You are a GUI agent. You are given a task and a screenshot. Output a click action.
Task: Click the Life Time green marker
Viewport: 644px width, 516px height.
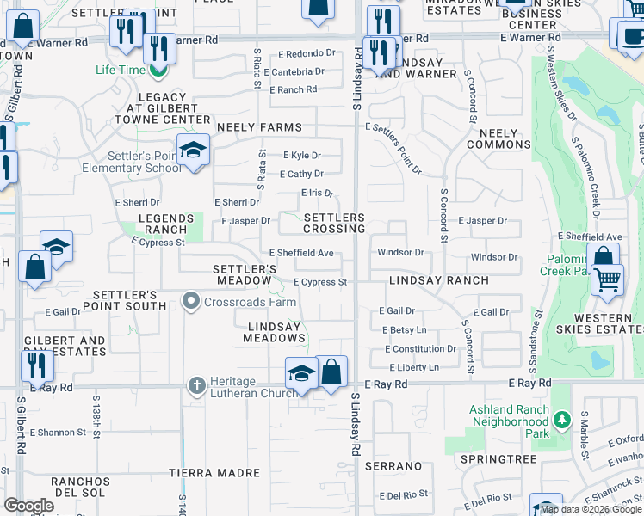tap(157, 68)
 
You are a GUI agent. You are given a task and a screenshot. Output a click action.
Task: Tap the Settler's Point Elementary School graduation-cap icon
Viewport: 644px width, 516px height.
tap(194, 150)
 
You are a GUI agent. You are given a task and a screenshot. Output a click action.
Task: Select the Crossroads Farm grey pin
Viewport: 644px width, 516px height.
tap(191, 300)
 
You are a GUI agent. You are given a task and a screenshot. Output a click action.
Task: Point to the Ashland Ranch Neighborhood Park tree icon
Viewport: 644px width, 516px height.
tap(562, 420)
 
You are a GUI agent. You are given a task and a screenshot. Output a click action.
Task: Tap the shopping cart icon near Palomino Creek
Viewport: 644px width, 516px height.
tap(609, 280)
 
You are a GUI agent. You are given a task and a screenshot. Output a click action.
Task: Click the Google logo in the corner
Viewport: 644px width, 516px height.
tap(28, 506)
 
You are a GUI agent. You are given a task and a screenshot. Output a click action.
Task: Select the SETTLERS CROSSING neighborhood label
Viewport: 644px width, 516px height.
tap(334, 224)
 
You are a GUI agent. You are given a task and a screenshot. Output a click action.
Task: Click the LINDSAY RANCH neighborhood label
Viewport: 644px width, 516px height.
tap(438, 280)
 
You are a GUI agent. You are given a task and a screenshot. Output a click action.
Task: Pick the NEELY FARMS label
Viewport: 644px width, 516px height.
tap(259, 127)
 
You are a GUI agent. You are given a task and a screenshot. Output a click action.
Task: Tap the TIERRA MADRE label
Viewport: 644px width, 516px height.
tap(214, 473)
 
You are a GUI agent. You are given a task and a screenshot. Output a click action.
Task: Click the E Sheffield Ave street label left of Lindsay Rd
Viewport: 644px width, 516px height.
tap(301, 253)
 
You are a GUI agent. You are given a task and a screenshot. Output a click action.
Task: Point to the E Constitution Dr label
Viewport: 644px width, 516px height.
tap(421, 349)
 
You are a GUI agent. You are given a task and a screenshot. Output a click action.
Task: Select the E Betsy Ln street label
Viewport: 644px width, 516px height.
tap(404, 329)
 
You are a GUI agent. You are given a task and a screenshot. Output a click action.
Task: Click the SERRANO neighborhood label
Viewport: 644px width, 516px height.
tap(393, 466)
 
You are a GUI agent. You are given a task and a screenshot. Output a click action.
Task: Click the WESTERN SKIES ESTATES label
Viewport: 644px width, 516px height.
tap(608, 324)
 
